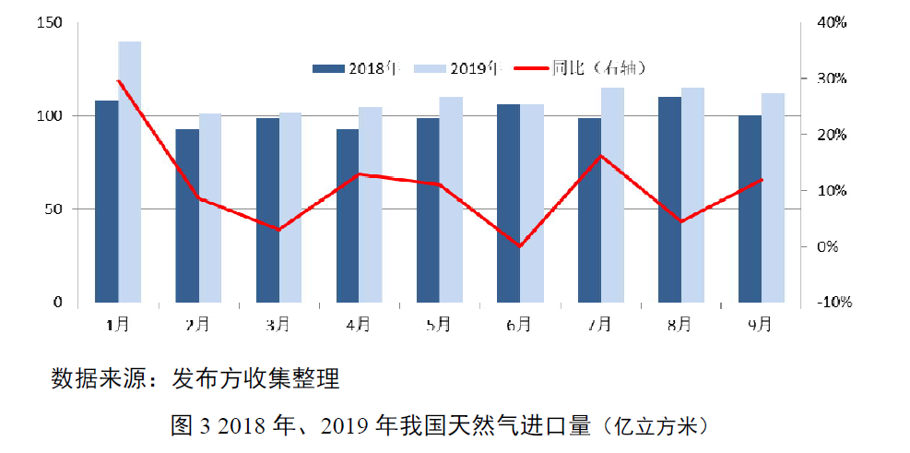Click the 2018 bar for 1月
coord(107,201)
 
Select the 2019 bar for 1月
coord(130,172)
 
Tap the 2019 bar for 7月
coord(612,195)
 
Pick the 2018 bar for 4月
coord(348,216)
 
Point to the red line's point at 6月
coord(520,246)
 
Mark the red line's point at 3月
coord(278,229)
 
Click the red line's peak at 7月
coord(600,156)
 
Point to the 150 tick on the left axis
coord(50,23)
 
